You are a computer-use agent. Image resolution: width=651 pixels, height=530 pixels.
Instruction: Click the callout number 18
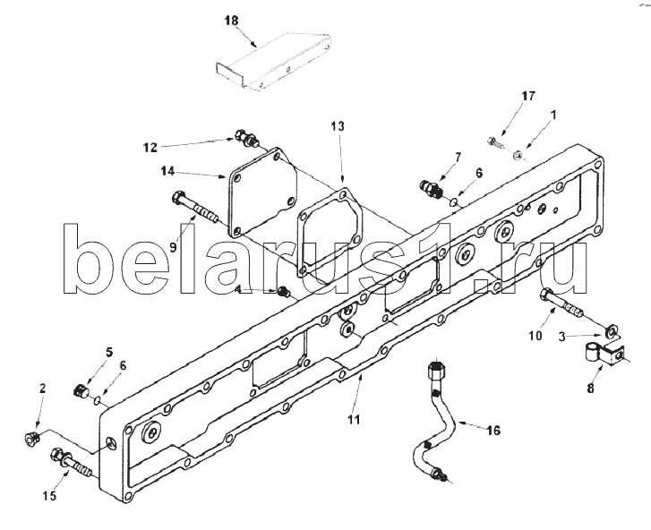pyautogui.click(x=232, y=21)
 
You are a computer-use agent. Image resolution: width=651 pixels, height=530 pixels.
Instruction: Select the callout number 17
pyautogui.click(x=528, y=97)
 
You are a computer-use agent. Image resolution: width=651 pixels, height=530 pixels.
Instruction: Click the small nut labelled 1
pyautogui.click(x=517, y=156)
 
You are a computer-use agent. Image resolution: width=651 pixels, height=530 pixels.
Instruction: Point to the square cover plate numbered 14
pyautogui.click(x=262, y=192)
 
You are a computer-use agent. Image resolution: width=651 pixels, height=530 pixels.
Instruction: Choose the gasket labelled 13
pyautogui.click(x=330, y=233)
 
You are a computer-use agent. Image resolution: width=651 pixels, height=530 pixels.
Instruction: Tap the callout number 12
pyautogui.click(x=150, y=148)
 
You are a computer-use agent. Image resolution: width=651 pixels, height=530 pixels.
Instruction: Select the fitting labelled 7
pyautogui.click(x=432, y=188)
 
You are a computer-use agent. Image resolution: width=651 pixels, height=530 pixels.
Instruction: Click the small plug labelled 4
pyautogui.click(x=284, y=291)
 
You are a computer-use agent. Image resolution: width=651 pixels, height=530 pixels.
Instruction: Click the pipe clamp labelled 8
pyautogui.click(x=603, y=354)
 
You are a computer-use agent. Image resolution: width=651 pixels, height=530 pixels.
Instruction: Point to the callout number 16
pyautogui.click(x=493, y=431)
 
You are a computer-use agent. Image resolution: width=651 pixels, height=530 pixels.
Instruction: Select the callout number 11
pyautogui.click(x=354, y=420)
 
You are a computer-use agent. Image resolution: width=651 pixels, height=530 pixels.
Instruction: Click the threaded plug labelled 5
pyautogui.click(x=80, y=390)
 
